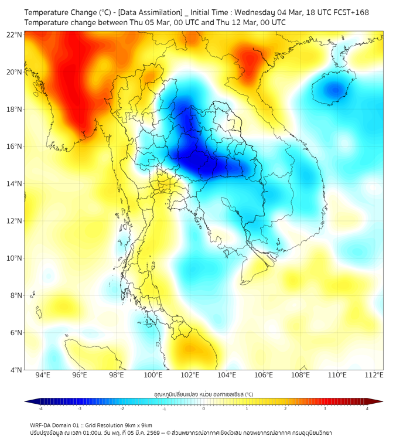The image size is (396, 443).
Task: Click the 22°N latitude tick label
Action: coord(15,35)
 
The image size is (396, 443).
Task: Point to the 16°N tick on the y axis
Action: coord(15,146)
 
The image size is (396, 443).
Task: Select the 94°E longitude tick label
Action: coord(43,375)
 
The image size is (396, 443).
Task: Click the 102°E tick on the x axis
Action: coord(190,375)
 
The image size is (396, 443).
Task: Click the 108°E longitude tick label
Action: coord(301,375)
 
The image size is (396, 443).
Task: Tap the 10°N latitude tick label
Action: coord(15,258)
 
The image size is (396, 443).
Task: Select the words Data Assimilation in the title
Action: coord(148,12)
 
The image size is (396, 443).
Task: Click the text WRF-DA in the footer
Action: coord(42,425)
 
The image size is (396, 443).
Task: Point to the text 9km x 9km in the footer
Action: coord(136,425)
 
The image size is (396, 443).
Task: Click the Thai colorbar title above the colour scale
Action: coord(203,394)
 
